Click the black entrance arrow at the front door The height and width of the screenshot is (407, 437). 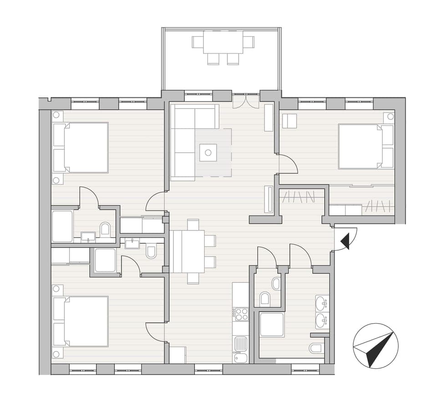pos(346,241)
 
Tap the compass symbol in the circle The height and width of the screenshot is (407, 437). pos(376,346)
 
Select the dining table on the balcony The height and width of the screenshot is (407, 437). pos(223,42)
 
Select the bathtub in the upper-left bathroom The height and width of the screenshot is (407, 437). pos(62,226)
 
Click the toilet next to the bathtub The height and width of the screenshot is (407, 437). pos(105,228)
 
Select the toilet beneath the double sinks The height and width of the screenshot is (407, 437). pos(315,349)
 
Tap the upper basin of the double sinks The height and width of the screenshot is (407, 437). pos(322,302)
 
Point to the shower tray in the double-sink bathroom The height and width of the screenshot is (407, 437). pos(272,325)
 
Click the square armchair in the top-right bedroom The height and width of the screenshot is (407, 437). pos(290,121)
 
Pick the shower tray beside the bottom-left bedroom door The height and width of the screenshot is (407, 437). pos(105,260)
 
